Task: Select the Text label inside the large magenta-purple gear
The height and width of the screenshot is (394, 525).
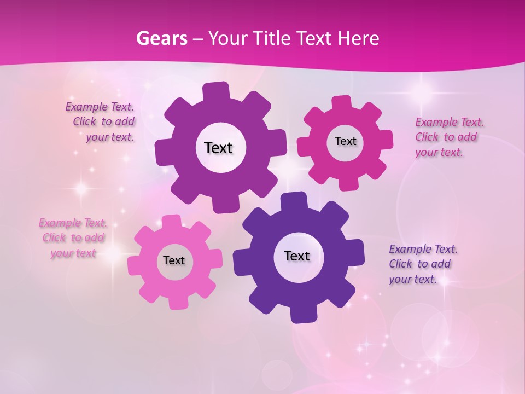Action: [218, 148]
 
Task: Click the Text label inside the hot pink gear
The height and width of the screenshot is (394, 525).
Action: [345, 141]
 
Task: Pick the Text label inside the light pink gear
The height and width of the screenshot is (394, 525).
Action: [174, 260]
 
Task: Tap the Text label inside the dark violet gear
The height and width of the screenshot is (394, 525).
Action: [297, 256]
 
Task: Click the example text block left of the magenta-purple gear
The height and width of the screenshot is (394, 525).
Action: [101, 122]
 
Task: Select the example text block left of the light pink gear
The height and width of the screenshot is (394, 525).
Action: [73, 238]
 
